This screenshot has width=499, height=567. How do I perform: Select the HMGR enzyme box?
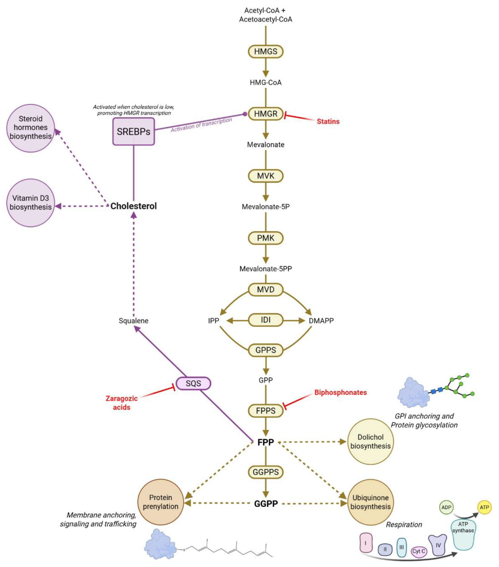(x=265, y=114)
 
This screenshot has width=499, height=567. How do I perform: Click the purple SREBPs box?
(x=134, y=131)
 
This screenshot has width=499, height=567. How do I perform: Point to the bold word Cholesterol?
(x=134, y=206)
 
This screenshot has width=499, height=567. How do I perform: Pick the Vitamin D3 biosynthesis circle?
(x=30, y=203)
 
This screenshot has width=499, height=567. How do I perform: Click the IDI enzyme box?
(x=265, y=320)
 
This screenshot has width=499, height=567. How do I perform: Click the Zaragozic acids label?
(x=122, y=403)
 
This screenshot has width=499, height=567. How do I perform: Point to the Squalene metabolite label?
(x=134, y=321)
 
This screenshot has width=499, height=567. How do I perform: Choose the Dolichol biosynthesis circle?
(x=370, y=441)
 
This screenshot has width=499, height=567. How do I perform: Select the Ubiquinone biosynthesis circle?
(x=370, y=502)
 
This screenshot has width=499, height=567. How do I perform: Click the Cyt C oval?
(x=418, y=551)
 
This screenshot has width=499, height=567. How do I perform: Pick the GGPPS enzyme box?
(x=265, y=472)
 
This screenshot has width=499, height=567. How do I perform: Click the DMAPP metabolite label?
(x=321, y=321)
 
